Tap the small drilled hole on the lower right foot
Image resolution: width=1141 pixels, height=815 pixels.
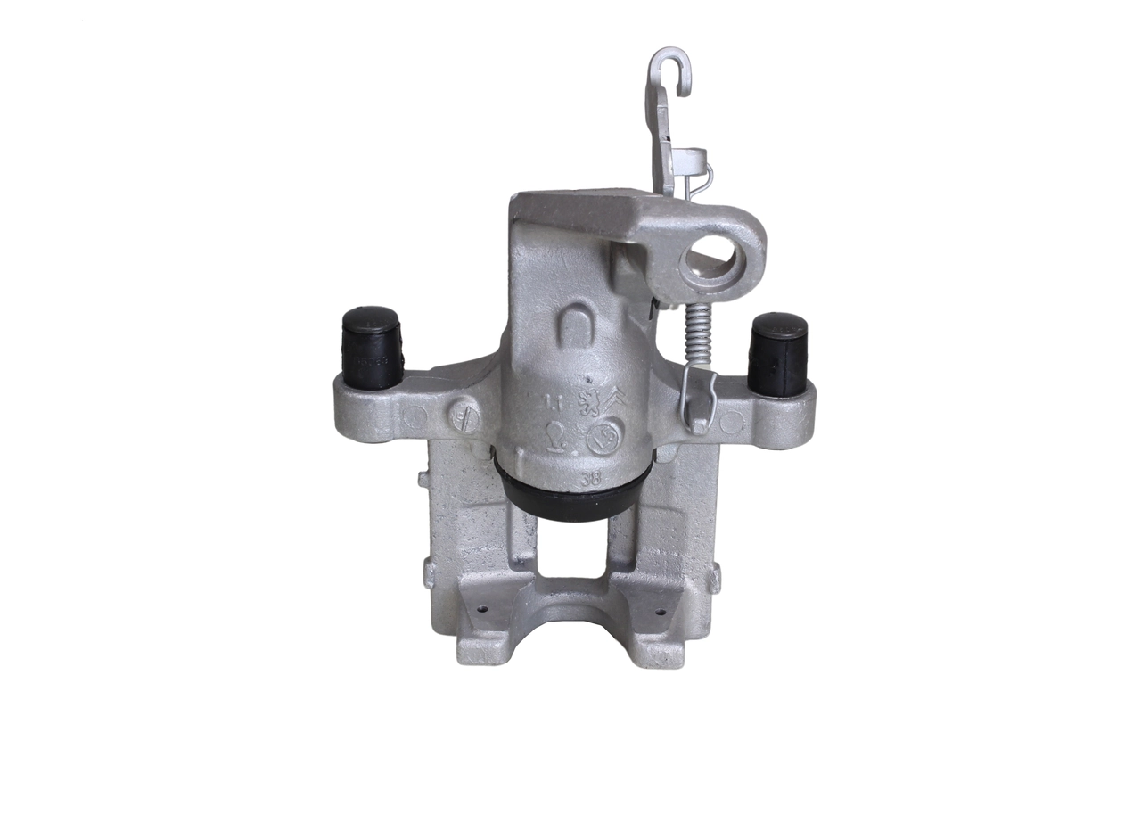tap(661, 613)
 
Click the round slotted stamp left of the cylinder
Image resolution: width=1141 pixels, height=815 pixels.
tap(462, 416)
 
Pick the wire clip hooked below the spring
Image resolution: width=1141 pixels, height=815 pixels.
tap(700, 397)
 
